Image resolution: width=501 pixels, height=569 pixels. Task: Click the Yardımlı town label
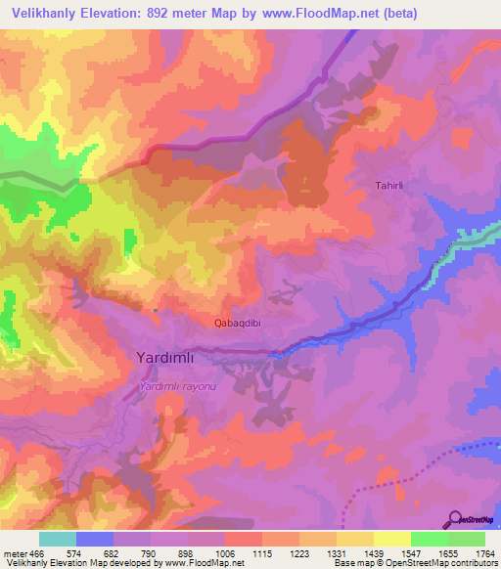click(161, 359)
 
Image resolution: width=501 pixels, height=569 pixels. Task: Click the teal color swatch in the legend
click(58, 539)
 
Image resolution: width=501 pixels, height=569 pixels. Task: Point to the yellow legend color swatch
click(392, 539)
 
